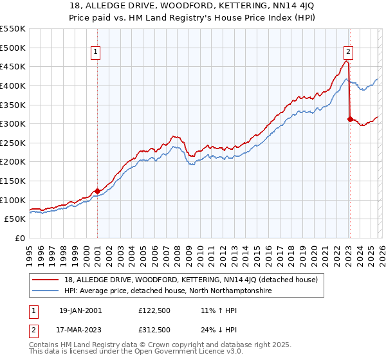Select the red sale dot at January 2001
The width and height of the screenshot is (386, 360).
[97, 191]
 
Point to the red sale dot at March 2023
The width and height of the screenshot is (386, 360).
[350, 118]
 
